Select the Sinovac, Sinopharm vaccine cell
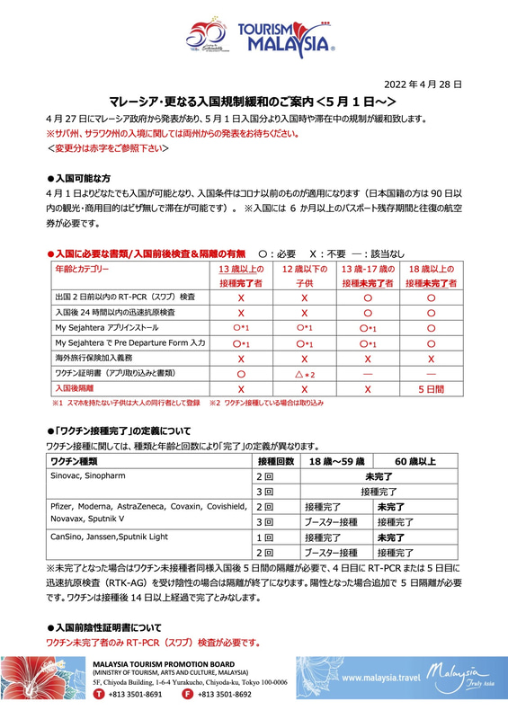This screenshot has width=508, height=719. (x=93, y=475)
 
